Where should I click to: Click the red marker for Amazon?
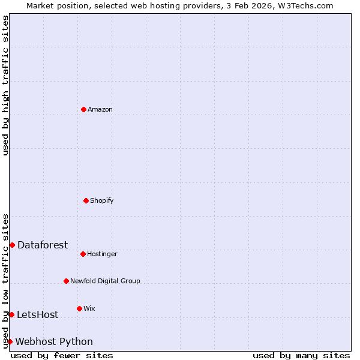pos(83,109)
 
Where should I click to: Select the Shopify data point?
pos(86,200)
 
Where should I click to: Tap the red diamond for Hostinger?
pos(83,254)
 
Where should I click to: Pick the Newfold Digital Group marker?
pos(66,281)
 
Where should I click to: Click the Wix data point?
pos(79,308)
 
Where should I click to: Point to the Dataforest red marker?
pos(12,245)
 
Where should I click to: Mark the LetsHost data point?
pos(11,314)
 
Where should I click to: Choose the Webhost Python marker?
pos(10,341)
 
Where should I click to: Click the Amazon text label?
pos(100,109)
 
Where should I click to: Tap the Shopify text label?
pos(102,200)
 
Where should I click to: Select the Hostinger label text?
pos(102,254)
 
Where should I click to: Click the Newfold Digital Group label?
pos(105,281)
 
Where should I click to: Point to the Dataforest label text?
pos(43,245)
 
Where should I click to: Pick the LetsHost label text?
pos(37,314)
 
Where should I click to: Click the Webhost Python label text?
pos(54,341)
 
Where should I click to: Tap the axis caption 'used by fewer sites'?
pos(62,355)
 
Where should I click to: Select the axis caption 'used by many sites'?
pos(301,355)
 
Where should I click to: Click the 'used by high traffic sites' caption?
pos(5,85)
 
